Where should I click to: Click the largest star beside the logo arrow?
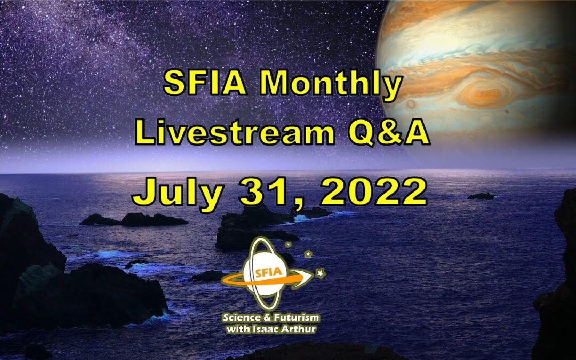point(320,273)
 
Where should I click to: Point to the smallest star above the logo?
point(289,245)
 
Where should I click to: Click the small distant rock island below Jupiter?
point(481,196)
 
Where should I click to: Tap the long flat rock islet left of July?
point(134,219)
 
